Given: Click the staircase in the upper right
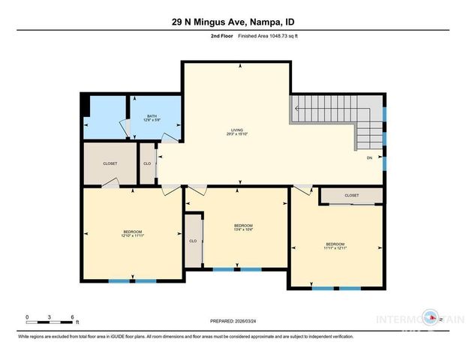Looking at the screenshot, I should pos(338,124).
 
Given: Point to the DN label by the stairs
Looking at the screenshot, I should pos(369,158).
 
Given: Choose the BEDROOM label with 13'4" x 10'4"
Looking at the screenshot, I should pos(243,228).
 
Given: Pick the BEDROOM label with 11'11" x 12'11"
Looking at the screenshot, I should pos(335,246).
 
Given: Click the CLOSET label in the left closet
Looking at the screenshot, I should pos(110,163).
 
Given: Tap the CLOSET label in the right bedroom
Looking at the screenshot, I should pos(352,195).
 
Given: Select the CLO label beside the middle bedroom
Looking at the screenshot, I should pos(193,241).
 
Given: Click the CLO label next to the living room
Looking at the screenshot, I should pos(147,163).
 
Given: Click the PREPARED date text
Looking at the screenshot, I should pos(232,321).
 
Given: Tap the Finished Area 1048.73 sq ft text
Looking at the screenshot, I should pos(269,36).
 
